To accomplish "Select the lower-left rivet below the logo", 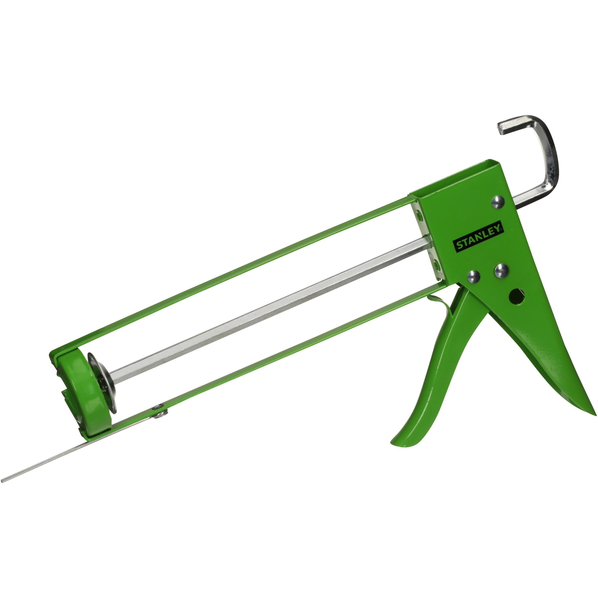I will (x=474, y=276).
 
